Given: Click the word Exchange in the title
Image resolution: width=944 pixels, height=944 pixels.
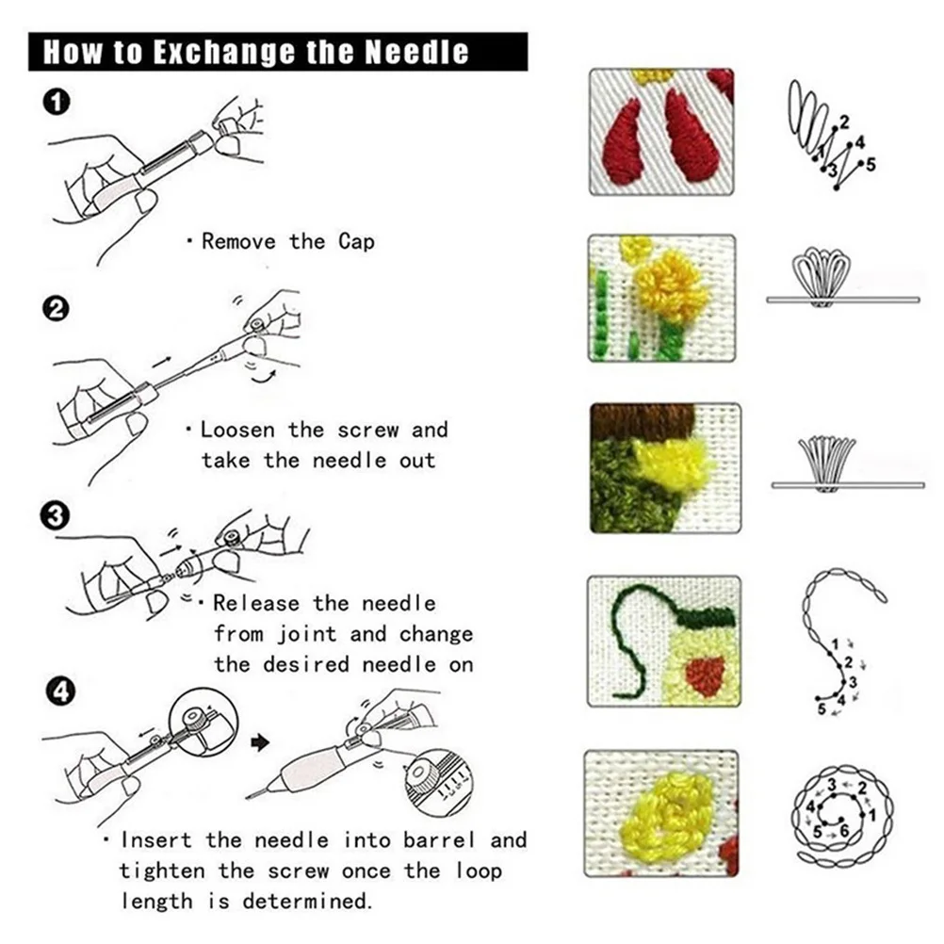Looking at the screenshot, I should click(200, 51).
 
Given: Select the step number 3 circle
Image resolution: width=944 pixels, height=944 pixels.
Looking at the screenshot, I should click(57, 515).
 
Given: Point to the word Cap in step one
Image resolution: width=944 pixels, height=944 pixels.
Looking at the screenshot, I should click(357, 241).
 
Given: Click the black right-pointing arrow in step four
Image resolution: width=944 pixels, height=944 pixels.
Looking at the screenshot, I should click(262, 743).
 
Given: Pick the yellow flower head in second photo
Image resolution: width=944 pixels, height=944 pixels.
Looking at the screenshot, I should click(671, 286).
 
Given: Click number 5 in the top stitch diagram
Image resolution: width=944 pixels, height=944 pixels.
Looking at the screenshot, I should click(871, 165).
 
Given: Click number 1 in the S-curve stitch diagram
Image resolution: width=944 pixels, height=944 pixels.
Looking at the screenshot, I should click(834, 643).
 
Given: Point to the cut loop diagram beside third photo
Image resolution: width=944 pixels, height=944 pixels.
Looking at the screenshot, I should click(826, 464).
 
